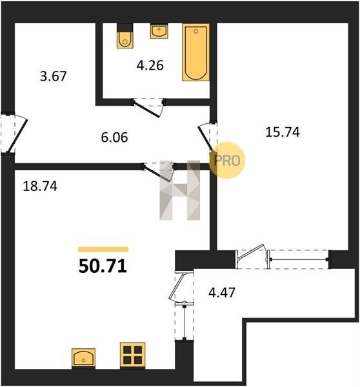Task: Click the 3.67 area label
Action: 54,76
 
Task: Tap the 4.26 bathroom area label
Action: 150,66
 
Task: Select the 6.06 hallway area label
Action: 114,137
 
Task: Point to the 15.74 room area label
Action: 283,132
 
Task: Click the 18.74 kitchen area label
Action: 40,186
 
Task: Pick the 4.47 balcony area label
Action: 222,293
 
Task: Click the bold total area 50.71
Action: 103,266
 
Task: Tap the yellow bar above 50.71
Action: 103,249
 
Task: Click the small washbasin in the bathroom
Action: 159,31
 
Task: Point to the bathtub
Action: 195,52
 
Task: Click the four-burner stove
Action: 133,355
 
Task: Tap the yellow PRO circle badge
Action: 227,160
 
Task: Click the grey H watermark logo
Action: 180,190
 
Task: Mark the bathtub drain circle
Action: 196,32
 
